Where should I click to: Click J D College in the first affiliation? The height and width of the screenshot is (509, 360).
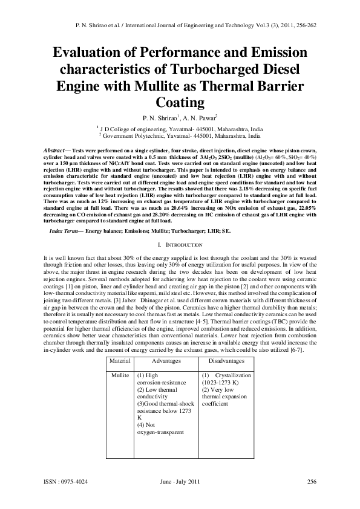[119, 129]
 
